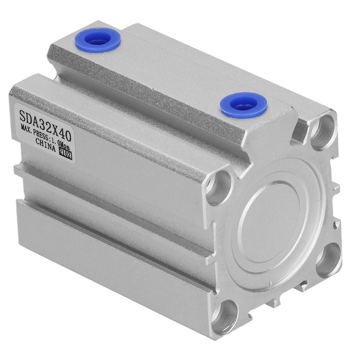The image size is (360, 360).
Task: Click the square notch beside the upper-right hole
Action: (x=299, y=130)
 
